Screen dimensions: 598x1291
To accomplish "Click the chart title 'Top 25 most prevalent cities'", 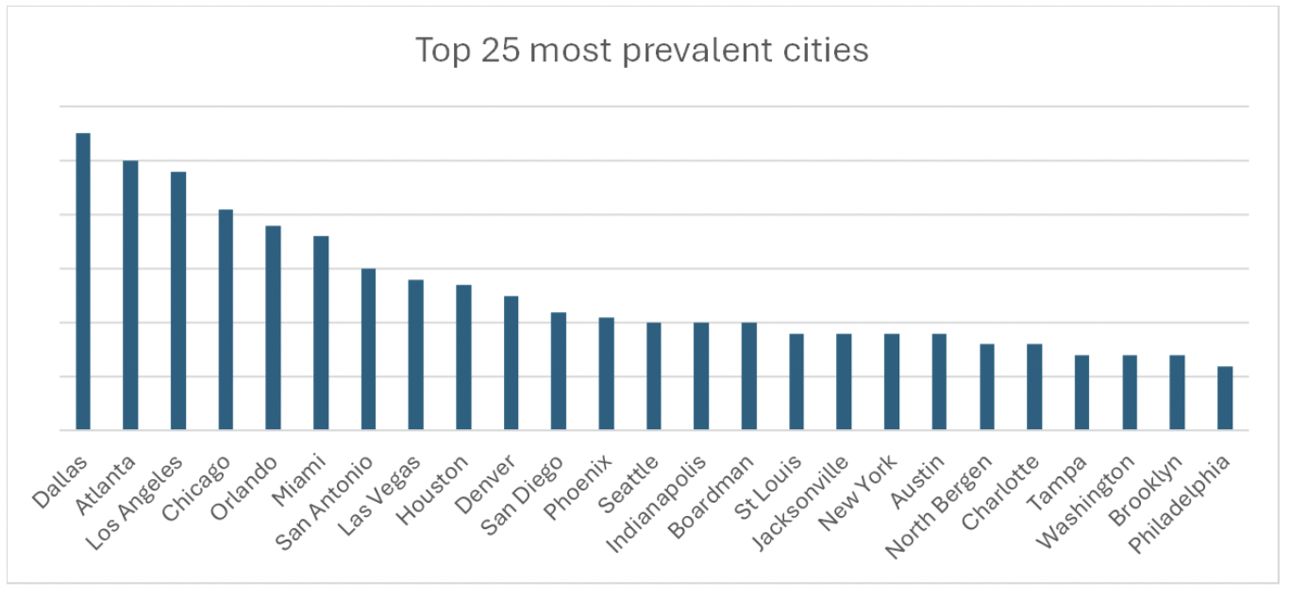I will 642,50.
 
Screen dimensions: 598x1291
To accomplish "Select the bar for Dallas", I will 83,282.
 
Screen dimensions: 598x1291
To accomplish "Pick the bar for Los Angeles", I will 178,301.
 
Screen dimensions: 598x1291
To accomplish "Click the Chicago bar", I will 226,320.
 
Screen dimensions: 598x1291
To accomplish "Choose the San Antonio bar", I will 368,349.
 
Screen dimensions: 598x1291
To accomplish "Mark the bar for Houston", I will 463,357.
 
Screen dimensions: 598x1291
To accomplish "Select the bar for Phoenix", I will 606,374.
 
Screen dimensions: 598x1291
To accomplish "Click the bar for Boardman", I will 748,376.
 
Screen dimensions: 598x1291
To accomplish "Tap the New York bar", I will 891,382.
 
